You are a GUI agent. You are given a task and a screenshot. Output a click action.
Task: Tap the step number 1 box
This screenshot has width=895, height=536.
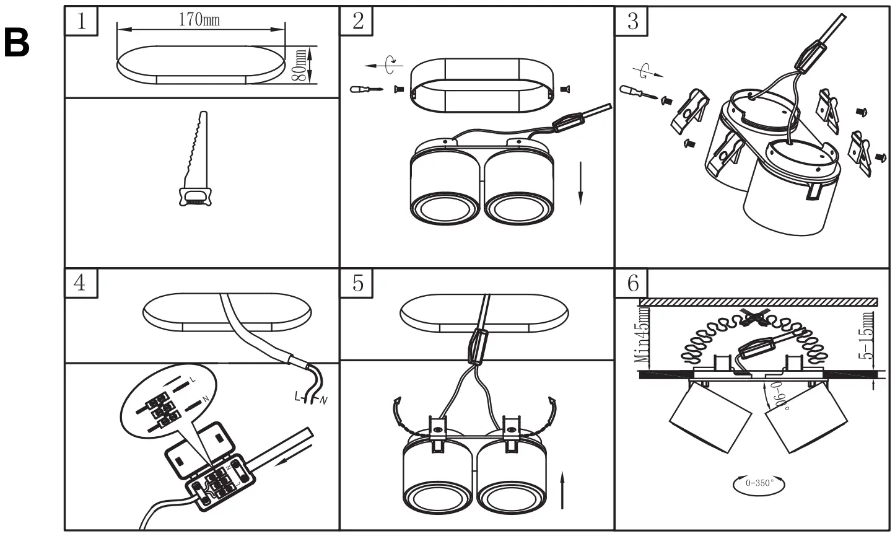pos(81,20)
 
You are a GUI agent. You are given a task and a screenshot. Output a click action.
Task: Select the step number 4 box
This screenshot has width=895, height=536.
pos(81,283)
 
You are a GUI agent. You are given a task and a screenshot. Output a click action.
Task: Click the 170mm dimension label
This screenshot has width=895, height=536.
pos(199,20)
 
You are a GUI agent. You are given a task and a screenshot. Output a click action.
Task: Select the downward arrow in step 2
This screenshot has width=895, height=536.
pos(581,183)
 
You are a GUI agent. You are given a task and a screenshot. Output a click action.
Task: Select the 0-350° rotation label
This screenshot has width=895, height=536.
pos(760,483)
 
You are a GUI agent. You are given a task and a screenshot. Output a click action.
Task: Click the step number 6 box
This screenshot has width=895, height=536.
pos(632,283)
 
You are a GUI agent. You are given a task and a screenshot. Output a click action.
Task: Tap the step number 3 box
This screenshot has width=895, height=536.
pos(632,20)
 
